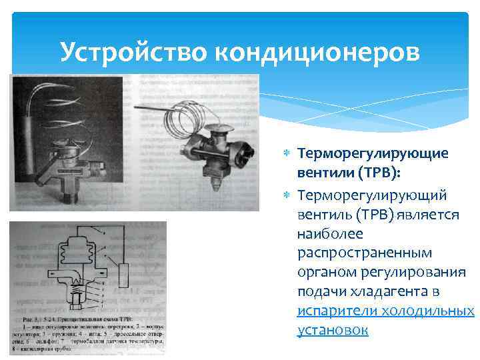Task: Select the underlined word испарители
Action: click(x=337, y=311)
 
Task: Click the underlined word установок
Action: click(x=333, y=329)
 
